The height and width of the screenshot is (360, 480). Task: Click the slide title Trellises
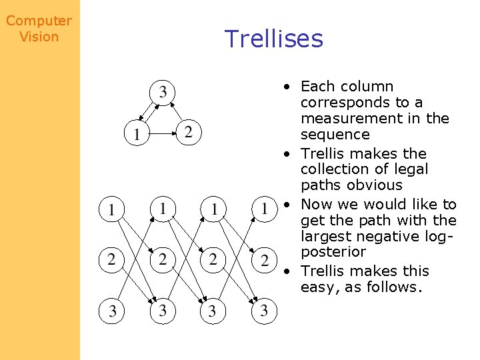[x=273, y=39]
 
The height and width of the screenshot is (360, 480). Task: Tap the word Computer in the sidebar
[x=39, y=21]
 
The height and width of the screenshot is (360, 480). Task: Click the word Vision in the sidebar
[x=39, y=37]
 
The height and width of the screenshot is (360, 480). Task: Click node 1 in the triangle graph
[x=137, y=133]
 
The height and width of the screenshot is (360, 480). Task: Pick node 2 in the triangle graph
[x=189, y=132]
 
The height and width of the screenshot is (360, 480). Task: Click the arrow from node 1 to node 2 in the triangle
[x=163, y=133]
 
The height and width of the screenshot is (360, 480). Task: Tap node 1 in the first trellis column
[x=111, y=210]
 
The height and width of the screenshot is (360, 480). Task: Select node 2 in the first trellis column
[x=111, y=258]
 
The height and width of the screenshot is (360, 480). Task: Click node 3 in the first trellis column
[x=111, y=311]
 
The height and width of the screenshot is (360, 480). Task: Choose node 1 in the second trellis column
[x=162, y=208]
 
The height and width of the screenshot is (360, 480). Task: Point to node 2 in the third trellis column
[x=213, y=259]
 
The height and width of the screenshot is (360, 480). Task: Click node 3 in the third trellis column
[x=213, y=311]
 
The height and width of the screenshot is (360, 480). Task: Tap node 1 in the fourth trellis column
[x=264, y=209]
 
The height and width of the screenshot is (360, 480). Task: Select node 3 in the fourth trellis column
[x=264, y=311]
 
